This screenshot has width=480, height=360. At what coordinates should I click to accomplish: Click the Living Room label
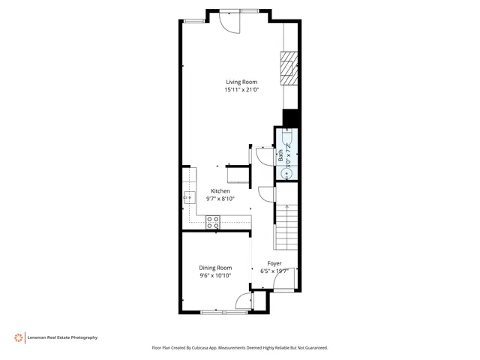(x=241, y=82)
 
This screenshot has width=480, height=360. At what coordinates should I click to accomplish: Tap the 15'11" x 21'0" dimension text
(x=241, y=90)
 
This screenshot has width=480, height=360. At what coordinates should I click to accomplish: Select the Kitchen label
(x=220, y=190)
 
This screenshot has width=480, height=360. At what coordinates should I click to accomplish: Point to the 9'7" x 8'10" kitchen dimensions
(x=220, y=199)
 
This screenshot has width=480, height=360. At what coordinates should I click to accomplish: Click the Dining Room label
(x=215, y=268)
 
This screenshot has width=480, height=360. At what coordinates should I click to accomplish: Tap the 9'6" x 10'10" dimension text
(x=215, y=275)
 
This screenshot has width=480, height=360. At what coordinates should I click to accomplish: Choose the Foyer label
(x=275, y=263)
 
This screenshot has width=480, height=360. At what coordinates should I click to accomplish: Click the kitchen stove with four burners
(x=213, y=222)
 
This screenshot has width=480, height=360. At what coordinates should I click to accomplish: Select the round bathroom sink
(x=286, y=173)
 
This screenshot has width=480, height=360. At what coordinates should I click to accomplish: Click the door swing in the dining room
(x=243, y=301)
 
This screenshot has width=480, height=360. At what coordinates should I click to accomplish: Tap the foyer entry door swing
(x=282, y=280)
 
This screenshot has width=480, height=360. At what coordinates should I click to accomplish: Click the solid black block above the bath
(x=290, y=118)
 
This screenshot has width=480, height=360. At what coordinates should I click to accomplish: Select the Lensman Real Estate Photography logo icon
(x=17, y=337)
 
